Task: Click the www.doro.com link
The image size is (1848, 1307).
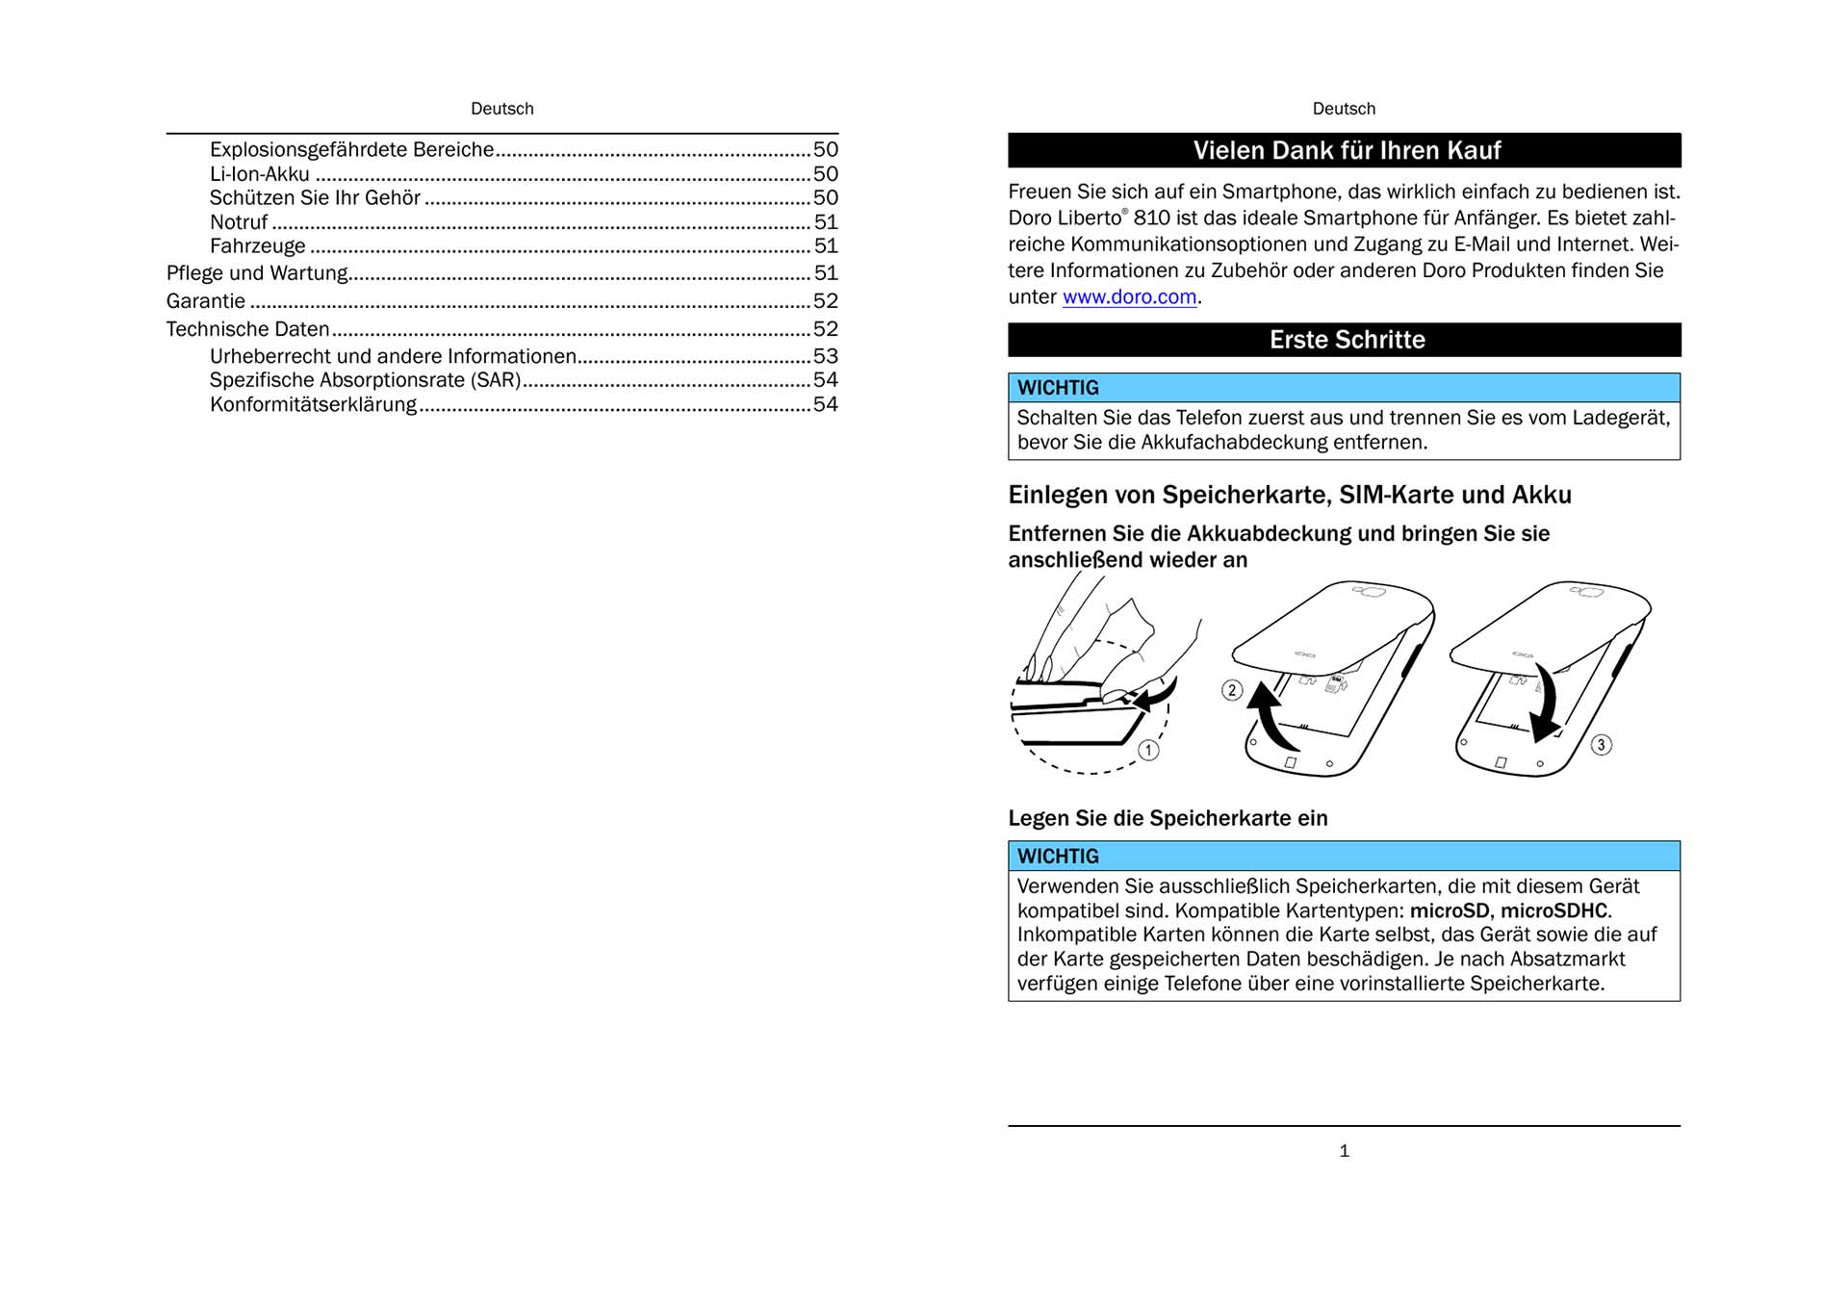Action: tap(1129, 297)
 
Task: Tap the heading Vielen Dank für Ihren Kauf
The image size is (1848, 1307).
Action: tap(1346, 151)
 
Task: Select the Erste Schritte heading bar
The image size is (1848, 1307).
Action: tap(1346, 340)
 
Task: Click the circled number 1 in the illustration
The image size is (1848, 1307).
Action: tap(1148, 751)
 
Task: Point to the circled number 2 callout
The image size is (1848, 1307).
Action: tap(1232, 690)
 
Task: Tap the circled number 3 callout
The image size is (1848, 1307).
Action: tap(1601, 745)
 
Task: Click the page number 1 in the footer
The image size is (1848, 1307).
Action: tap(1344, 1151)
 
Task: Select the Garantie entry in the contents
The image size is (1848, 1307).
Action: tap(206, 301)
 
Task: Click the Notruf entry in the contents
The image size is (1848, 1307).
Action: tap(239, 222)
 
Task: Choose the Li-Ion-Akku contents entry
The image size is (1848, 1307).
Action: tap(260, 174)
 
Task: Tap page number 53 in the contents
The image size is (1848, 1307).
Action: tap(825, 356)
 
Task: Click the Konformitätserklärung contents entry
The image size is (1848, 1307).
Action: tap(313, 405)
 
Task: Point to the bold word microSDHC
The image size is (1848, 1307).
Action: tap(1553, 910)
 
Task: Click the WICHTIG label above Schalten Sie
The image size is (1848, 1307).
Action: tap(1058, 388)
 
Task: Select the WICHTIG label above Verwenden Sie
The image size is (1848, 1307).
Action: tap(1058, 857)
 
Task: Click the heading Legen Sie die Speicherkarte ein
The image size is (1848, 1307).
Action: tap(1168, 818)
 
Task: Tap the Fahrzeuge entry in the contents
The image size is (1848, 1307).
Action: tap(257, 246)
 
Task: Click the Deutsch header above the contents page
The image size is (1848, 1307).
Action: tap(501, 109)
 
